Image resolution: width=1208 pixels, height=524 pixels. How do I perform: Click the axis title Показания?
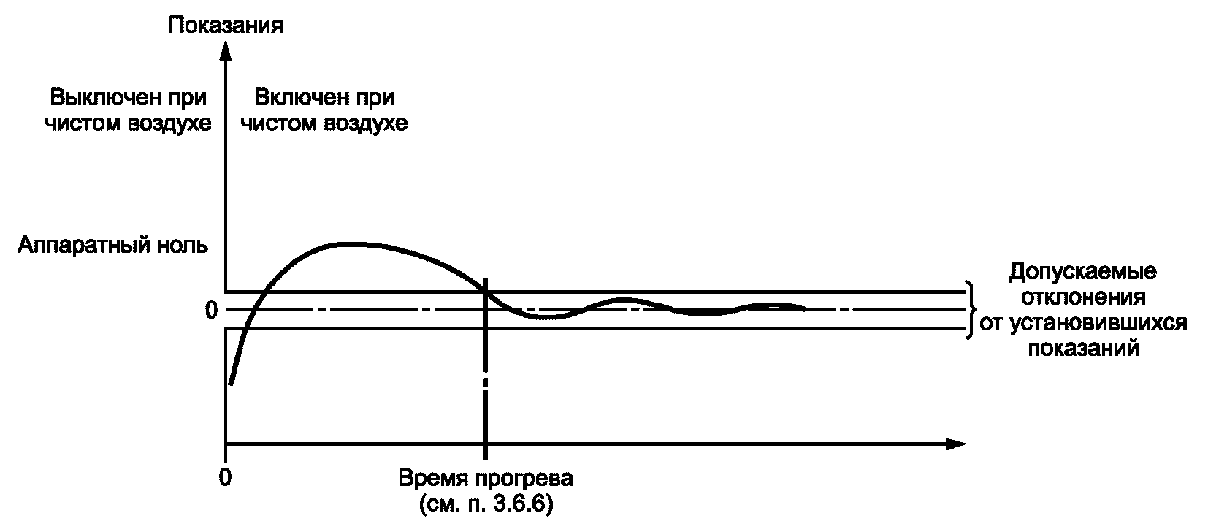pos(226,26)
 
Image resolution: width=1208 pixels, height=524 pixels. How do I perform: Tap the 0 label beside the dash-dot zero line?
pos(211,311)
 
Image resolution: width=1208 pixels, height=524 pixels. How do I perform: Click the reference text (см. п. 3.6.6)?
pos(486,504)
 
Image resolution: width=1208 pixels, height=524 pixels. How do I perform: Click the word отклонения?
pos(1082,298)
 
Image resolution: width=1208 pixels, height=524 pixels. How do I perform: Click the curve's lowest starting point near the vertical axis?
pos(231,383)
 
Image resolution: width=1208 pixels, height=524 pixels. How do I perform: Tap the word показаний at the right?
pos(1083,348)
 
